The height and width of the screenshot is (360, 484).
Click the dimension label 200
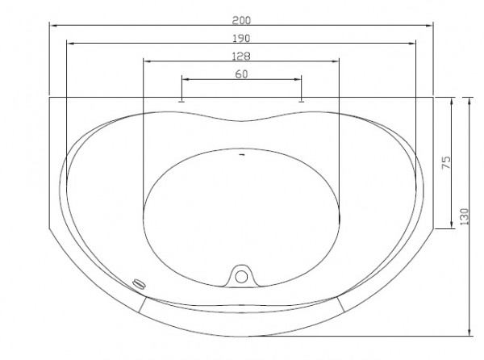click(241, 20)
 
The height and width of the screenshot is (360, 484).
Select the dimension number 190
click(241, 39)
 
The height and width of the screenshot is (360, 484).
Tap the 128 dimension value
click(241, 57)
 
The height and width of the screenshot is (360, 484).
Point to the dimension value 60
click(241, 74)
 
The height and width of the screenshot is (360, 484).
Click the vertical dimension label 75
click(446, 162)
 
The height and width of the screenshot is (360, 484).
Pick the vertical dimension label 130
click(465, 216)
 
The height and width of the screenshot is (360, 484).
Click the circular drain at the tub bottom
click(241, 277)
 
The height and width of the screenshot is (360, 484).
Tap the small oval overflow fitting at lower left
click(139, 284)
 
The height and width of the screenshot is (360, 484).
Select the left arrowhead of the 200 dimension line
click(54, 25)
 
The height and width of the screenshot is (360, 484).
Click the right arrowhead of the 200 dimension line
click(429, 25)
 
